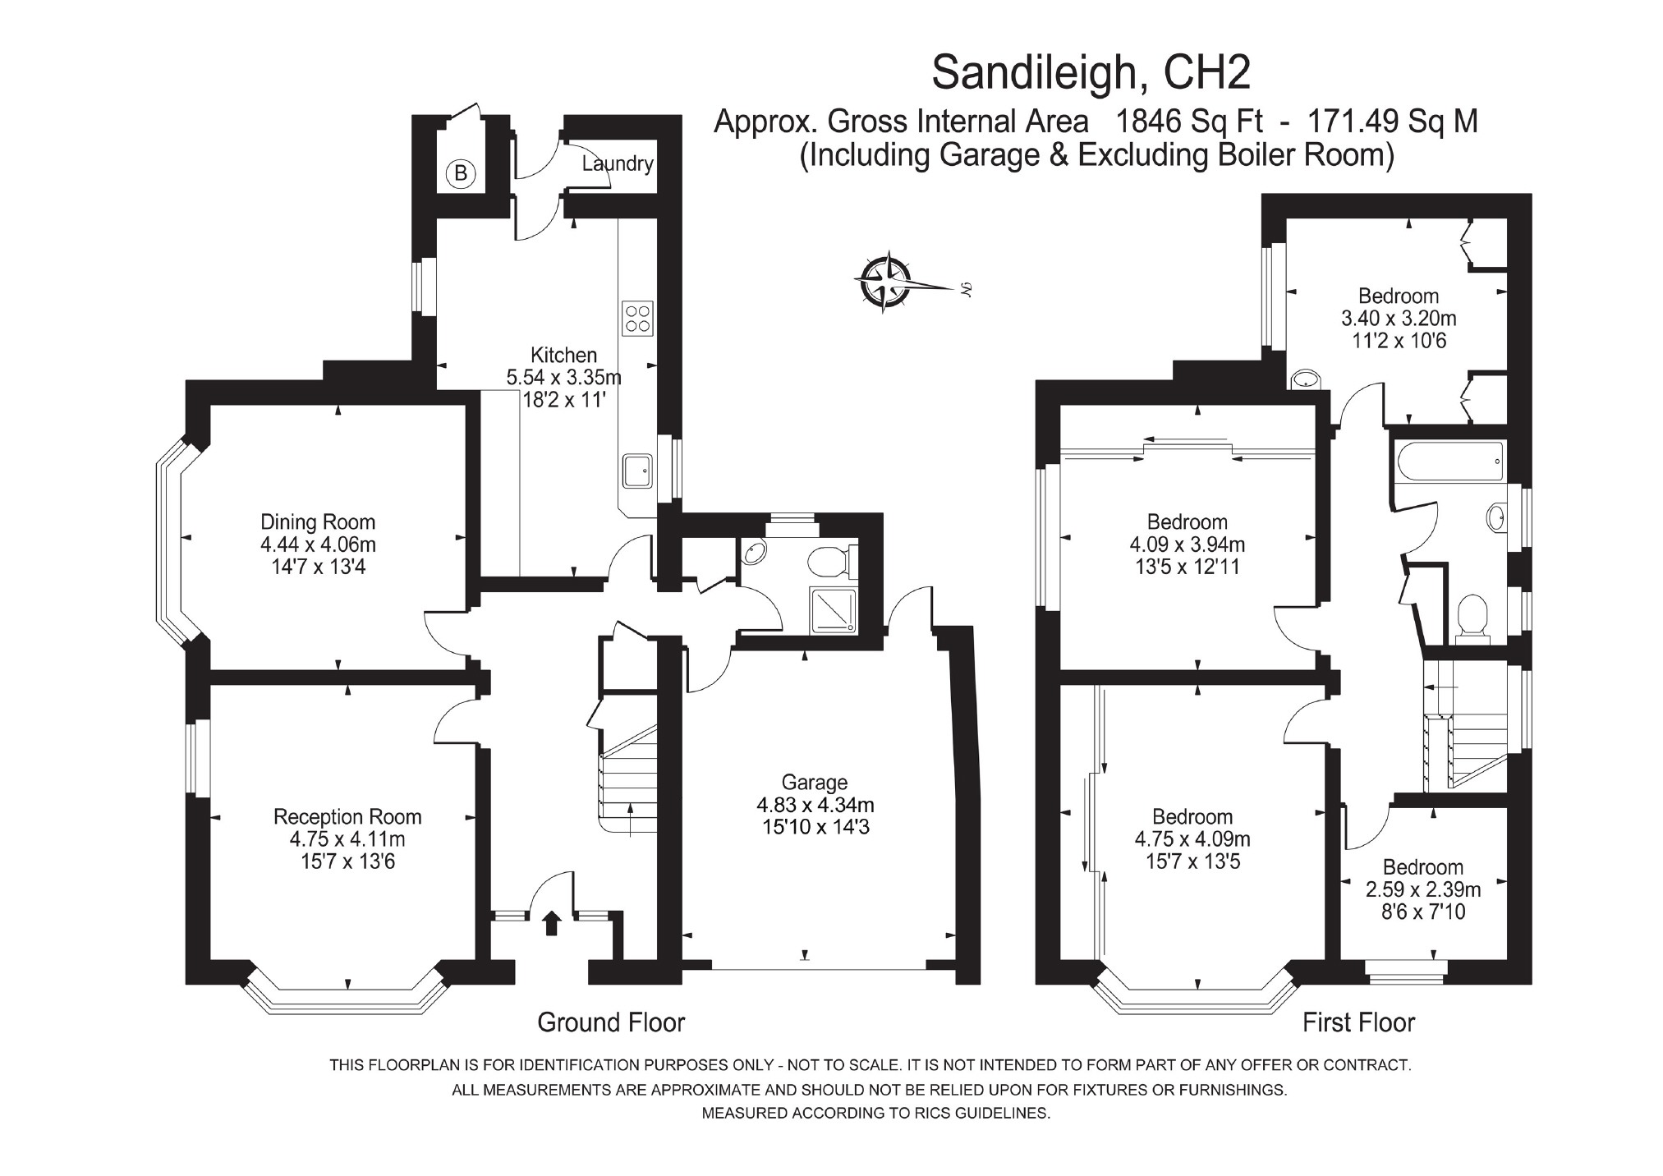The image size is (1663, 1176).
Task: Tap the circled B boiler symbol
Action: pyautogui.click(x=461, y=173)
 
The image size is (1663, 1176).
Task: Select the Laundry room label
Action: pyautogui.click(x=617, y=163)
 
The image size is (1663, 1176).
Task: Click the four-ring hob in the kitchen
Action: pyautogui.click(x=638, y=319)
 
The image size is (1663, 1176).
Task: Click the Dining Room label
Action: pyautogui.click(x=318, y=521)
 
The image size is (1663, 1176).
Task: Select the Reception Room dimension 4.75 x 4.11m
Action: pyautogui.click(x=347, y=839)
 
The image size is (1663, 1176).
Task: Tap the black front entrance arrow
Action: pyautogui.click(x=551, y=923)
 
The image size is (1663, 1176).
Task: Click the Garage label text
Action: pyautogui.click(x=814, y=783)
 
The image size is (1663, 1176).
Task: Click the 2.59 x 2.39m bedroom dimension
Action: pyautogui.click(x=1423, y=889)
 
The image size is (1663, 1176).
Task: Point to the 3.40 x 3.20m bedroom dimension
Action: pyautogui.click(x=1399, y=318)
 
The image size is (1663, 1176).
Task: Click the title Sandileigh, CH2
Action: pyautogui.click(x=1091, y=73)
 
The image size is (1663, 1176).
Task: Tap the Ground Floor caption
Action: pyautogui.click(x=611, y=1022)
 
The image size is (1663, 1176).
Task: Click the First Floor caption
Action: pyautogui.click(x=1359, y=1022)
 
